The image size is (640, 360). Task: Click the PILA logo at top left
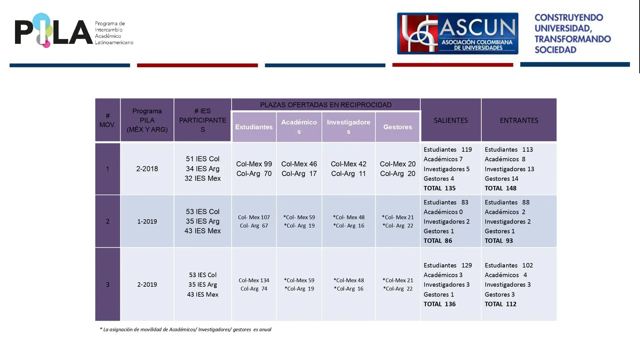(74, 31)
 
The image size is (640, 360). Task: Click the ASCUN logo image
(457, 33)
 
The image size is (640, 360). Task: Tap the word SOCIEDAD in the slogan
(555, 50)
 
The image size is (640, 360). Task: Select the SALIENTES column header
(451, 120)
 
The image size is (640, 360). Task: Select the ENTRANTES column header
(519, 120)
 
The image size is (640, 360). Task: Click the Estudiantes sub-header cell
(254, 127)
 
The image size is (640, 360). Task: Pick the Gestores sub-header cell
(397, 127)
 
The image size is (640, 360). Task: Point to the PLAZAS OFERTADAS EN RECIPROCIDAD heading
(326, 105)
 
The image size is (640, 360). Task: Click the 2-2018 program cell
(147, 169)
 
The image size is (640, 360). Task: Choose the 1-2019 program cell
(147, 221)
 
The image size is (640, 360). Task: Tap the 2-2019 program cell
(147, 284)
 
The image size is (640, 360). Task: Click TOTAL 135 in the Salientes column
(439, 188)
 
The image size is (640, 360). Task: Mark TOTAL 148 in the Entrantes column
(500, 188)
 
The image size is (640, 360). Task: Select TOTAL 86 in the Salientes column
(438, 241)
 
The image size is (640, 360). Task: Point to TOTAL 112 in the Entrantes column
(500, 304)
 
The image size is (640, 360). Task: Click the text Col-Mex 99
(254, 164)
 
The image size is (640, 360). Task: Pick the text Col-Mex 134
(254, 280)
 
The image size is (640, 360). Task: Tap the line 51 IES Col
(203, 159)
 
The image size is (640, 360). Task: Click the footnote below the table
(186, 329)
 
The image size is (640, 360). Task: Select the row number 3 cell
(108, 284)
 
